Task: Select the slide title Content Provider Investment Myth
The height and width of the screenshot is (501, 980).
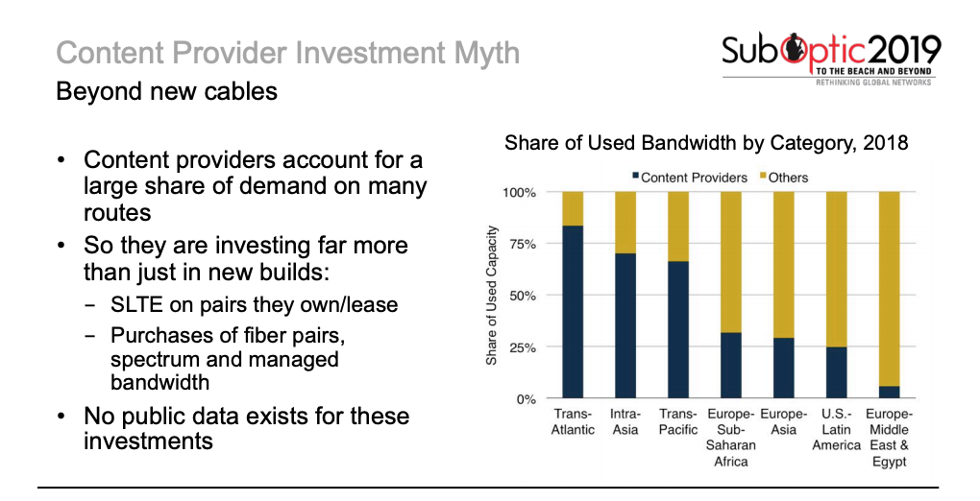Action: point(287,53)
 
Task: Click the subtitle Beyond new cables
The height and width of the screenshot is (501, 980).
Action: point(166,92)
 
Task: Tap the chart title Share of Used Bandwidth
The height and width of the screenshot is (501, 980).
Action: point(706,144)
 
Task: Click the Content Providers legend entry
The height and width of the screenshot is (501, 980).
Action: point(688,178)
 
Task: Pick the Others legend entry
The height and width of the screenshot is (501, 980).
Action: point(784,178)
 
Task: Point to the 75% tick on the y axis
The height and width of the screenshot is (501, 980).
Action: point(521,244)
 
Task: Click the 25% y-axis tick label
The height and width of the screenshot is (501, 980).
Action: point(521,347)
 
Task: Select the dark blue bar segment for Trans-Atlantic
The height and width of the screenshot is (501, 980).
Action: point(573,312)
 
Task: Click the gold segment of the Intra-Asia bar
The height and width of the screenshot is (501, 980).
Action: point(625,222)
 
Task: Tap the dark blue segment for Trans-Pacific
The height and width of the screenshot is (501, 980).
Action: point(678,329)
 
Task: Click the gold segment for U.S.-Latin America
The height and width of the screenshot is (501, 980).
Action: point(836,269)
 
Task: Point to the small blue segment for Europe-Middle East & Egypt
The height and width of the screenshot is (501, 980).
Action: point(889,393)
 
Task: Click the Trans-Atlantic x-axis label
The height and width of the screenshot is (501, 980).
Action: point(573,422)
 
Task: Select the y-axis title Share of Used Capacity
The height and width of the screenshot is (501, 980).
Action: point(492,295)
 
